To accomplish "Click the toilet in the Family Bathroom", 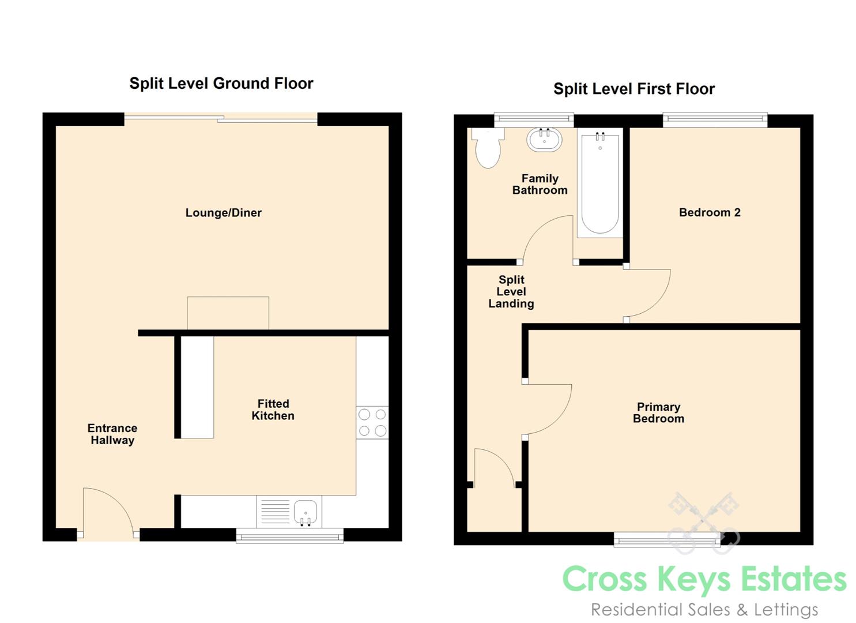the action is click(x=488, y=148).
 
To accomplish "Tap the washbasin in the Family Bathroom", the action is click(x=545, y=140).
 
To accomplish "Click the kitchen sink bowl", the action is click(x=306, y=512).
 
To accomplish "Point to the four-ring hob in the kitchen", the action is click(x=372, y=422).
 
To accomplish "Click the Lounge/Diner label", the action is click(x=224, y=213).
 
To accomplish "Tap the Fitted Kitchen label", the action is click(x=273, y=410).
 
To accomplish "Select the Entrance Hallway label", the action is click(x=112, y=434).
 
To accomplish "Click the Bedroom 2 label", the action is click(x=710, y=212).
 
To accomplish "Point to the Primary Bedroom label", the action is click(x=658, y=412).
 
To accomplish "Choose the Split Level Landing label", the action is click(x=511, y=291).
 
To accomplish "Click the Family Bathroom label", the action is click(x=540, y=184).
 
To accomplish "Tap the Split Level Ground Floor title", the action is click(x=221, y=84).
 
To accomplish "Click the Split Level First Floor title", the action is click(x=634, y=89).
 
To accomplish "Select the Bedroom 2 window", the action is click(x=715, y=120).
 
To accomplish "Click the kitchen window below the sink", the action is click(x=290, y=535).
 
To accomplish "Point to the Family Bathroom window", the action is click(x=534, y=120).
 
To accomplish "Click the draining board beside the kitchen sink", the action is click(x=275, y=512).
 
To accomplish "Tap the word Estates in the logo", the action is click(x=794, y=579).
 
